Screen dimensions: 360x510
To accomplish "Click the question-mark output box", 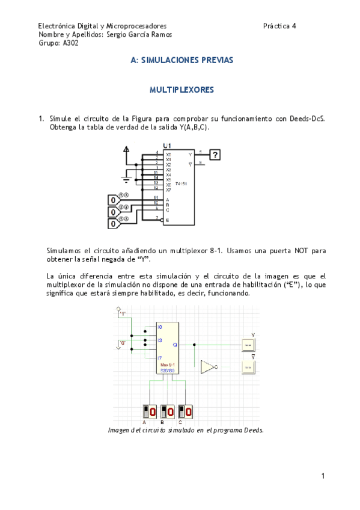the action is pyautogui.click(x=214, y=155).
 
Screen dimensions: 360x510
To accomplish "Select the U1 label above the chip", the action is pyautogui.click(x=167, y=146).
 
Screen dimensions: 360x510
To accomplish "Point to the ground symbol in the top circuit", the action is pyautogui.click(x=126, y=177).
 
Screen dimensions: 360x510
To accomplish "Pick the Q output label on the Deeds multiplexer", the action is pyautogui.click(x=175, y=345).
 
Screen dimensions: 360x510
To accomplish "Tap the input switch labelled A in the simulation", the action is pyautogui.click(x=148, y=412).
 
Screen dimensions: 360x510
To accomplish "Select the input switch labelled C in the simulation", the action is pyautogui.click(x=186, y=412).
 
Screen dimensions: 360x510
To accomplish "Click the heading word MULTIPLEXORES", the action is pyautogui.click(x=182, y=90).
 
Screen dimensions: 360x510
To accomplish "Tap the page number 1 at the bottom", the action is pyautogui.click(x=323, y=476).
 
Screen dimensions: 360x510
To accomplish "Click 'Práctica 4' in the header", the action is pyautogui.click(x=279, y=26).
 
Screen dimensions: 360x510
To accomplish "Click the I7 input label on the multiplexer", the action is pyautogui.click(x=160, y=358).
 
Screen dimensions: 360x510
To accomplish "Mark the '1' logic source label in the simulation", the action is pyautogui.click(x=123, y=313).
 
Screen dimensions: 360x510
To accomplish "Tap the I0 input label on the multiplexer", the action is pyautogui.click(x=160, y=327).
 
